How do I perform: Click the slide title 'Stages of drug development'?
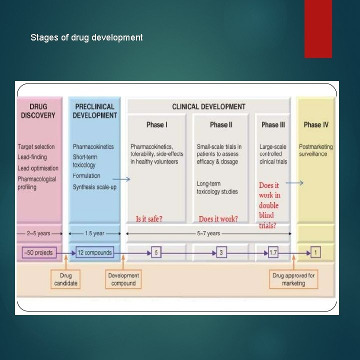click(86, 37)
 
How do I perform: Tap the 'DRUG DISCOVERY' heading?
click(38, 111)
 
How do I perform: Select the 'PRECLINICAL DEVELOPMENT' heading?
click(94, 111)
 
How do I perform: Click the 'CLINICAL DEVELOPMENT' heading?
click(208, 106)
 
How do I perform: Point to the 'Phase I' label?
click(156, 124)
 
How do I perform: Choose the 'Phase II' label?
click(221, 124)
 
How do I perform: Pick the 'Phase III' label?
click(273, 124)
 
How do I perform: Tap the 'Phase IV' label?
click(316, 124)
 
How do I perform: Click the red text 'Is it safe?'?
click(149, 219)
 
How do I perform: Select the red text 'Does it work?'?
click(218, 219)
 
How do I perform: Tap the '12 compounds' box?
click(94, 252)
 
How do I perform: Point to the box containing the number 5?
click(156, 253)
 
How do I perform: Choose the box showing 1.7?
click(273, 253)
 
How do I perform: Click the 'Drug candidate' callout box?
click(66, 279)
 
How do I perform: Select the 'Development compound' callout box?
click(123, 279)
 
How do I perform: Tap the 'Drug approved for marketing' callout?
click(293, 279)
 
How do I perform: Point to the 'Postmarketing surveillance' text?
click(316, 150)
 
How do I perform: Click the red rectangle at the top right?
click(318, 28)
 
